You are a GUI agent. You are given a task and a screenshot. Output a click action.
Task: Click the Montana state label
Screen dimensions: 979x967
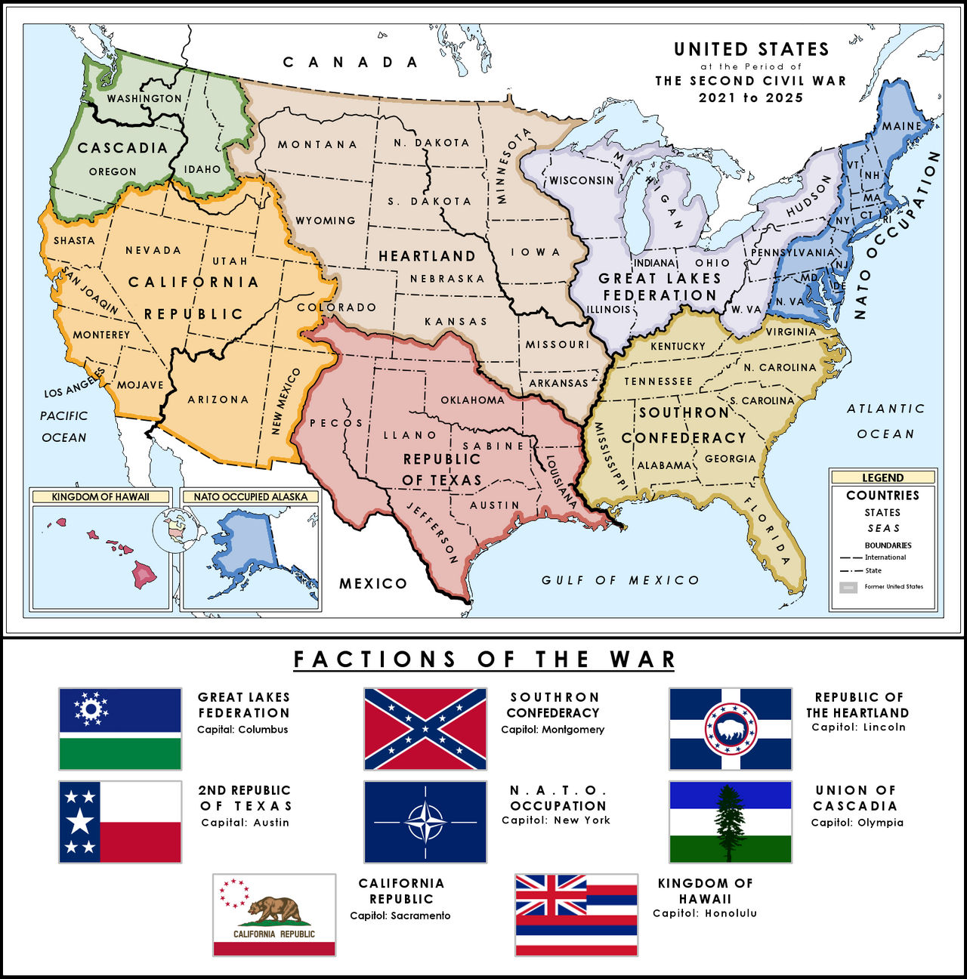point(317,144)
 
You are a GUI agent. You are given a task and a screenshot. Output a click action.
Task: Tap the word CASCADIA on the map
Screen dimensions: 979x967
point(122,148)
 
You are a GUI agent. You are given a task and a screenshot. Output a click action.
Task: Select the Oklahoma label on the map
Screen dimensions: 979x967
point(472,400)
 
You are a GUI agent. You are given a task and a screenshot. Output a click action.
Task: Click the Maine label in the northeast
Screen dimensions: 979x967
point(902,125)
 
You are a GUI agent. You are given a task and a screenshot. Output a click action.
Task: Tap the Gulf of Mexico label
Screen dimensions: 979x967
point(620,580)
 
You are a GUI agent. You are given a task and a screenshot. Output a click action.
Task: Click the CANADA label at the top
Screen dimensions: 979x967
point(351,62)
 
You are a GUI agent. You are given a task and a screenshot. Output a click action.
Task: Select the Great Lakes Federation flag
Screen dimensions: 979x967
point(120,729)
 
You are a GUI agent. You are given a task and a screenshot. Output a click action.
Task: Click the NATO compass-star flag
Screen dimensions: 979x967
point(425,822)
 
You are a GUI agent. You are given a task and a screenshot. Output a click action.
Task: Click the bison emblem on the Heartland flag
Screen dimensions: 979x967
point(731,729)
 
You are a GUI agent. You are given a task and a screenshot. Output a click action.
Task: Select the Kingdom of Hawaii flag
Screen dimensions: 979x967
point(576,915)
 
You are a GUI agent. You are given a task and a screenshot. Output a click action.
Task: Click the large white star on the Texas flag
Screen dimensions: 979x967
point(80,822)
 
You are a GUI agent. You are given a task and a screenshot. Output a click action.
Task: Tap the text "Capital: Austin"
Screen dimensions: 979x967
point(245,823)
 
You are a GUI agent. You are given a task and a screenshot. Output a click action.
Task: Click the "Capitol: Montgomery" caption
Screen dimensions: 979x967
point(552,730)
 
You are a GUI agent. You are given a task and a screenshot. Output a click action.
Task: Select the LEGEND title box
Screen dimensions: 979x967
point(882,477)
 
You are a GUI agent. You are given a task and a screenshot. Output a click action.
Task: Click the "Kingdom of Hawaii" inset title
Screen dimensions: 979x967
point(100,497)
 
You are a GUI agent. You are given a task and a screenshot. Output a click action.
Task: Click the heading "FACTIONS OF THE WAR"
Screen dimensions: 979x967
point(483,659)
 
